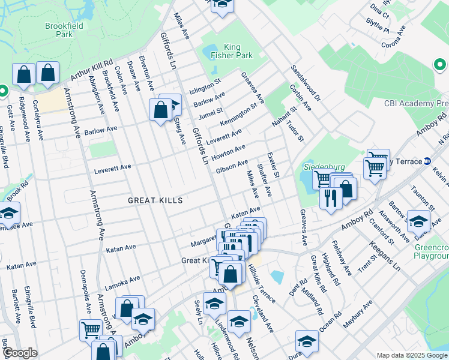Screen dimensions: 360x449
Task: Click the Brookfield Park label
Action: coord(58,30)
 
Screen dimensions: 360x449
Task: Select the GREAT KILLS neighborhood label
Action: coord(154,200)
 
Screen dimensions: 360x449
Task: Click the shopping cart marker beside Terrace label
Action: coord(375,168)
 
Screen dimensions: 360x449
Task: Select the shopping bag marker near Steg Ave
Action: coord(161,110)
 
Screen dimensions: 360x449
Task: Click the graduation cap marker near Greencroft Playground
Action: coord(418,221)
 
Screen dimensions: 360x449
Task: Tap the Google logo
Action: coord(20,353)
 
